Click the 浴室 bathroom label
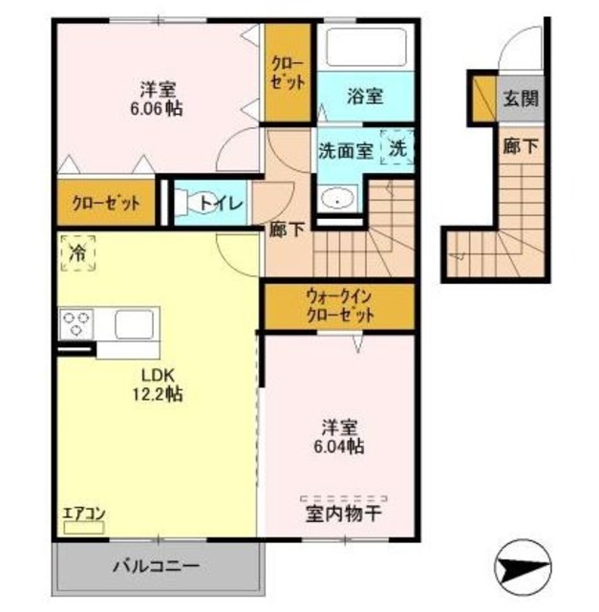365,96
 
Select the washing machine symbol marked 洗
396,147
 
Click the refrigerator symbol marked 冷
76,252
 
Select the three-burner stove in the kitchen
75,323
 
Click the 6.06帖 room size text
159,108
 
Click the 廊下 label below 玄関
521,147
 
